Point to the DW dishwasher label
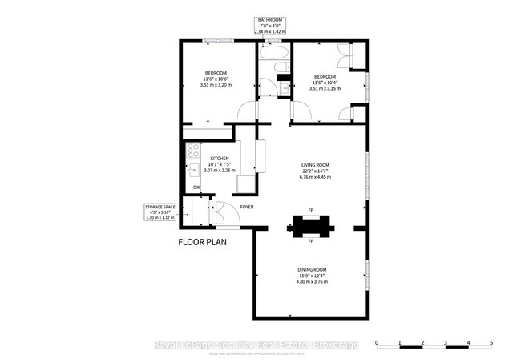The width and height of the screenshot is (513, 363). (196, 188)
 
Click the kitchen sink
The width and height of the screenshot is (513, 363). (192, 169)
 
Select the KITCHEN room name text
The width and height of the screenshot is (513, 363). (220, 159)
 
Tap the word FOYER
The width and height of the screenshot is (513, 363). (247, 207)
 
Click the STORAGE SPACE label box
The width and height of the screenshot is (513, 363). (158, 212)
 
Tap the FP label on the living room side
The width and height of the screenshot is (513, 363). (310, 212)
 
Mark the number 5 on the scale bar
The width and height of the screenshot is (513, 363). (491, 343)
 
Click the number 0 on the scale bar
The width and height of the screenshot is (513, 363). (377, 343)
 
